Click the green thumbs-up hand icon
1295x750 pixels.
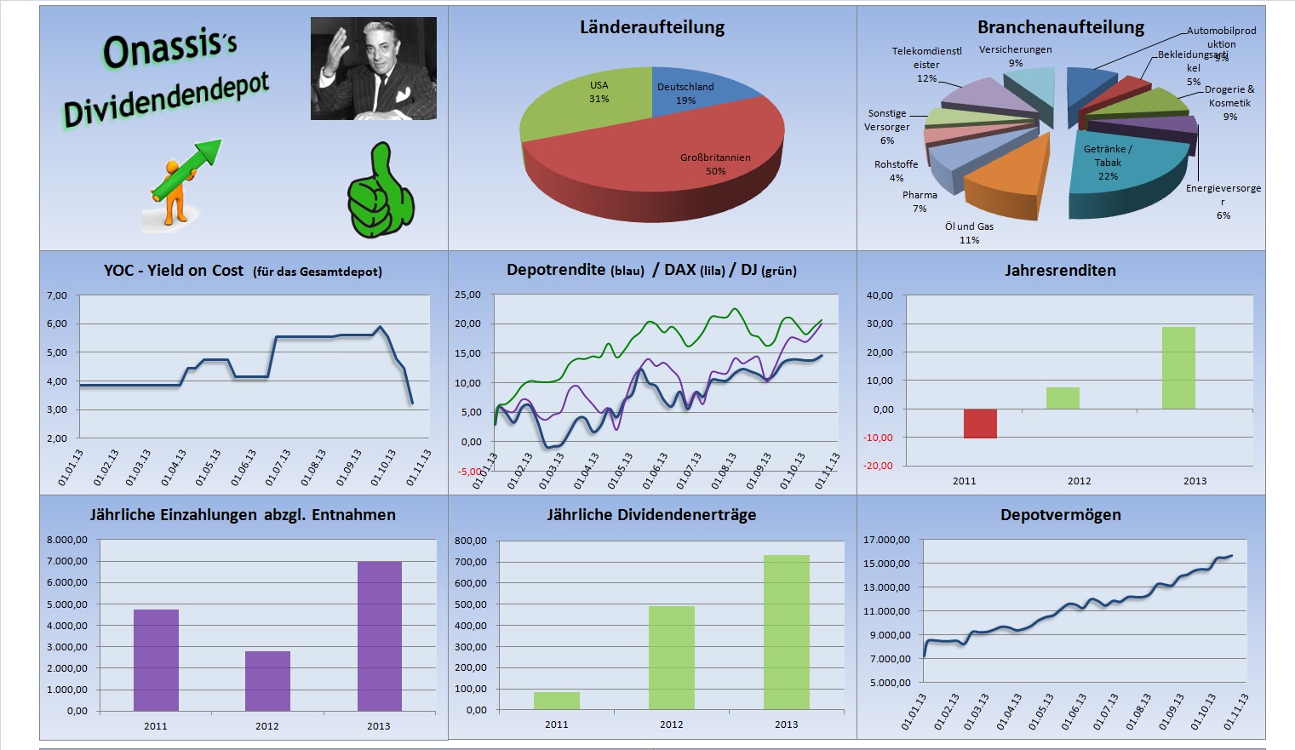coord(380,192)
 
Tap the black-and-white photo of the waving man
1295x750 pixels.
coord(373,68)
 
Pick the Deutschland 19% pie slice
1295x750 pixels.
coord(694,94)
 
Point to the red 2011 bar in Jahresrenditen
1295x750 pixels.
coord(980,423)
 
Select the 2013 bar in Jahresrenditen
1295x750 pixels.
coord(1178,368)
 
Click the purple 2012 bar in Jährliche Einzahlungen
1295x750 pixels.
coord(267,680)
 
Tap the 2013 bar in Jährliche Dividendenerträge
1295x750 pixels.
coord(786,632)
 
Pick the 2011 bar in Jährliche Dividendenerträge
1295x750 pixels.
coord(556,700)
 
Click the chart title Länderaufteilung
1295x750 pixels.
coord(652,27)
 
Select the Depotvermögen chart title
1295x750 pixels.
coord(1060,515)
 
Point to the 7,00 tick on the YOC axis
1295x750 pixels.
coord(56,295)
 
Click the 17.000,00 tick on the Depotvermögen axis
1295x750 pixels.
coord(886,540)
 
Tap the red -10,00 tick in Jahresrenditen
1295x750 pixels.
coord(879,438)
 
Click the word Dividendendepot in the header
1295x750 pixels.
coord(166,100)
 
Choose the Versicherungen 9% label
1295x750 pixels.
coord(1015,55)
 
